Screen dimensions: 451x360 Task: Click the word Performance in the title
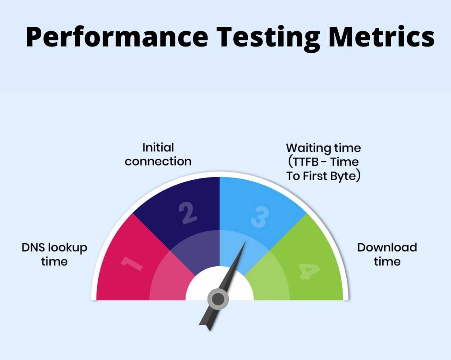(117, 37)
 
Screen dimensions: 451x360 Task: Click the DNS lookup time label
(54, 255)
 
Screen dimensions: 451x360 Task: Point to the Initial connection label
(158, 154)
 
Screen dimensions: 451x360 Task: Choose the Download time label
(387, 254)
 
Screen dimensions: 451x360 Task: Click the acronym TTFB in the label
(305, 162)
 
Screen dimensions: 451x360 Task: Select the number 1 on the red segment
(132, 264)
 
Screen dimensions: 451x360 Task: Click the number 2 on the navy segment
(187, 213)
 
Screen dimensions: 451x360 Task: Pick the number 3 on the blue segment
(260, 217)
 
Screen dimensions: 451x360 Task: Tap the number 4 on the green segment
(309, 271)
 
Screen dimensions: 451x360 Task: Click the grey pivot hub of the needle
(218, 299)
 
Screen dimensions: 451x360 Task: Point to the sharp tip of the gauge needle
(246, 242)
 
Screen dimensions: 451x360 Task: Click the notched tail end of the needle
(210, 330)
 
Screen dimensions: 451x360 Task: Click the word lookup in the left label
(68, 248)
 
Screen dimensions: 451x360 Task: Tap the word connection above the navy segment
(158, 161)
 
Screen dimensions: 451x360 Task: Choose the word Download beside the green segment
(387, 248)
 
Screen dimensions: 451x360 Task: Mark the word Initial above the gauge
(158, 147)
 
